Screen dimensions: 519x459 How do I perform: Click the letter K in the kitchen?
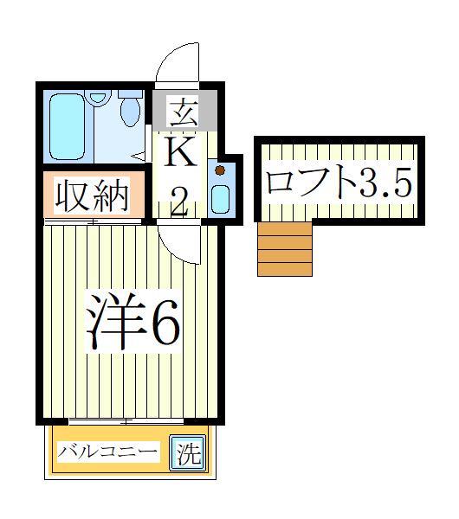tap(183, 157)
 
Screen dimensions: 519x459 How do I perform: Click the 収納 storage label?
tap(93, 196)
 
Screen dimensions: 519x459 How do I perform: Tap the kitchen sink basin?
tap(221, 200)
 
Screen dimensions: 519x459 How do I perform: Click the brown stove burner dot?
tap(220, 170)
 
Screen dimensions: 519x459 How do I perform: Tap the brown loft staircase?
tap(285, 248)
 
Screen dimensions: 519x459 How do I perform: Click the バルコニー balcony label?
tap(108, 452)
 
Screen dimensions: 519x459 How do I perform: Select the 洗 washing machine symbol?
tap(188, 453)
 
